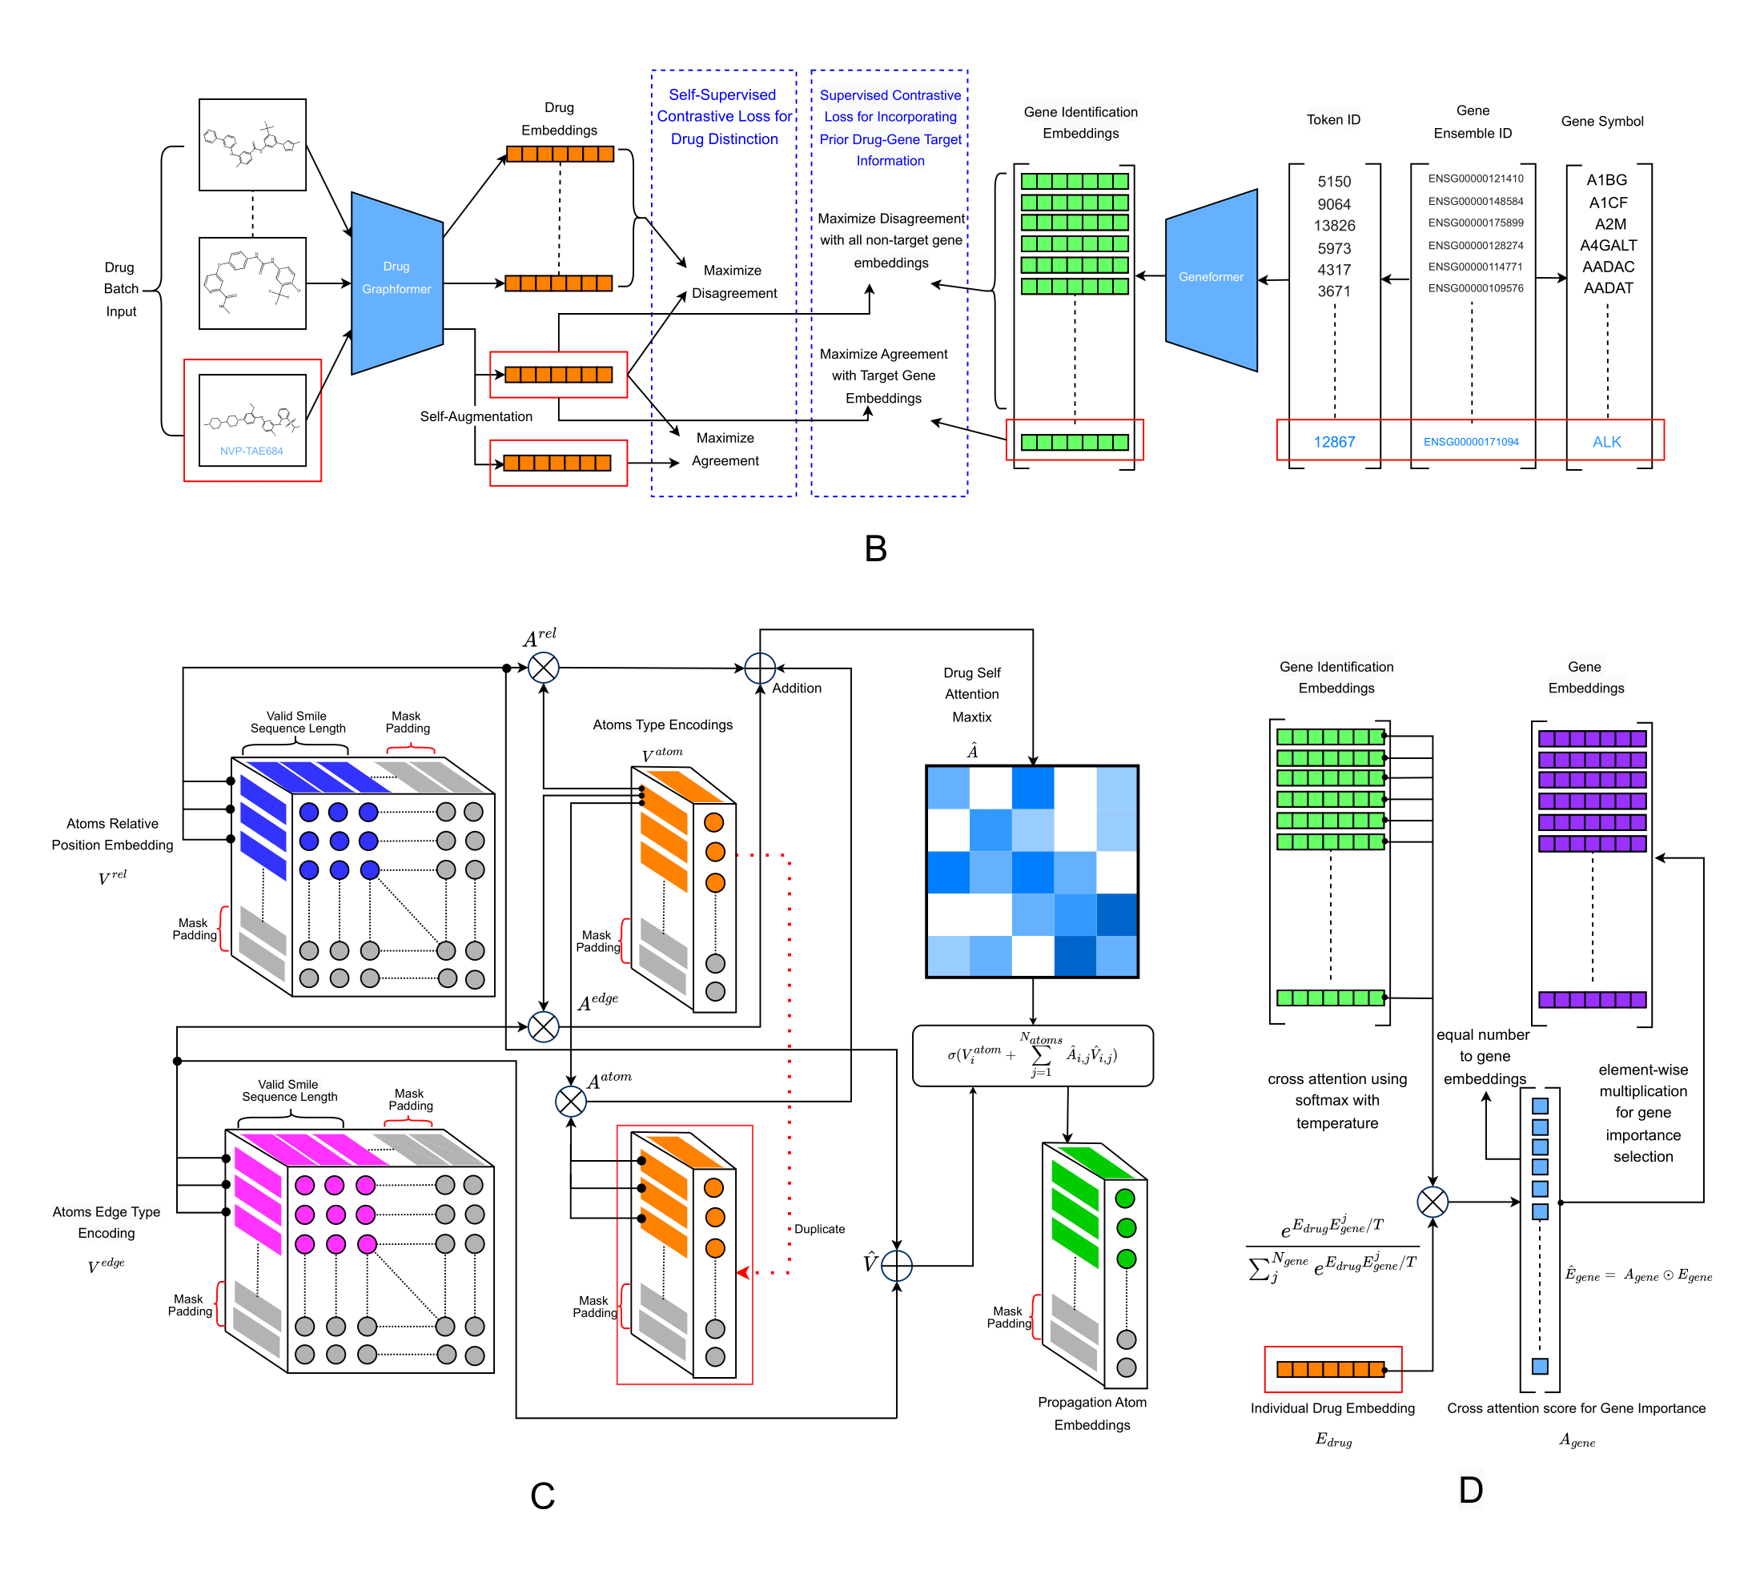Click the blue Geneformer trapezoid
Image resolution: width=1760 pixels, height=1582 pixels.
click(x=1210, y=278)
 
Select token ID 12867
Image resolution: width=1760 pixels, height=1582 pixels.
click(x=1333, y=442)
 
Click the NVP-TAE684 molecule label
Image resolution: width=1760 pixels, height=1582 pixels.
click(x=251, y=451)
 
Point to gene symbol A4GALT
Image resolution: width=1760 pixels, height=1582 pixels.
click(x=1607, y=245)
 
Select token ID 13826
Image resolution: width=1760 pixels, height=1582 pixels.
click(x=1333, y=225)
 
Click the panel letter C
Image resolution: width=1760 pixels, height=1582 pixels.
click(x=541, y=1495)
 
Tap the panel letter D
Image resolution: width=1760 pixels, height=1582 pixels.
click(x=1469, y=1489)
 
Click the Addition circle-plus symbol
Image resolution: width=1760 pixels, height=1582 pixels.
click(x=760, y=669)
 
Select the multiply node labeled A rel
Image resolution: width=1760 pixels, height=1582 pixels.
click(x=543, y=668)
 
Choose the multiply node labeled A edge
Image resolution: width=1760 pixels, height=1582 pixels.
click(x=543, y=1026)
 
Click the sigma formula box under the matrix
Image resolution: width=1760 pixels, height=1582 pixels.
click(x=1031, y=1055)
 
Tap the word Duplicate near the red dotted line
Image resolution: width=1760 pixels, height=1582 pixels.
click(x=818, y=1228)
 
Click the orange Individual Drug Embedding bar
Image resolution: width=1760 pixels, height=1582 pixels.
click(x=1330, y=1369)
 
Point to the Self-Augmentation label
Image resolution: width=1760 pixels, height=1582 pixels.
click(x=476, y=416)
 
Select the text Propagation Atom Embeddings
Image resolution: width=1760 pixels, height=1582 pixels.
click(x=1091, y=1412)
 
